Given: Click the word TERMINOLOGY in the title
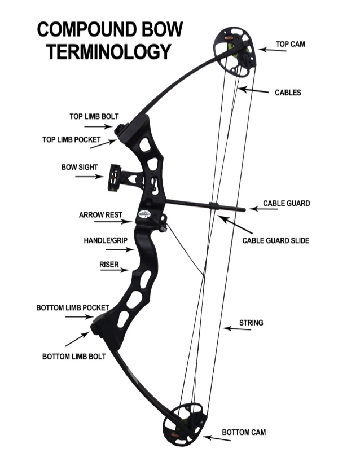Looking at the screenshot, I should [x=109, y=51].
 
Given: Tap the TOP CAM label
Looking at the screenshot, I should [x=290, y=43].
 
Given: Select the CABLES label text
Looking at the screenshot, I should [x=288, y=93].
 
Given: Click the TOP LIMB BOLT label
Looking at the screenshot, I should [x=94, y=117].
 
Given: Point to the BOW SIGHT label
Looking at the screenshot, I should [x=80, y=168].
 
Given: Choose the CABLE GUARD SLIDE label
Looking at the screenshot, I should [x=276, y=240].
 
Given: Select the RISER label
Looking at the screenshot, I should [x=109, y=263].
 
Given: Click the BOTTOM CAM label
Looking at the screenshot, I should [x=244, y=432].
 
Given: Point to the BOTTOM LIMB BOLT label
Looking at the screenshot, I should [x=74, y=357].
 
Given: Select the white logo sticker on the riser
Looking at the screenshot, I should [x=146, y=214].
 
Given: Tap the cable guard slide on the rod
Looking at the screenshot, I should [x=214, y=206].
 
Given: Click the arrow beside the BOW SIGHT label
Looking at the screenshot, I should [x=89, y=177].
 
